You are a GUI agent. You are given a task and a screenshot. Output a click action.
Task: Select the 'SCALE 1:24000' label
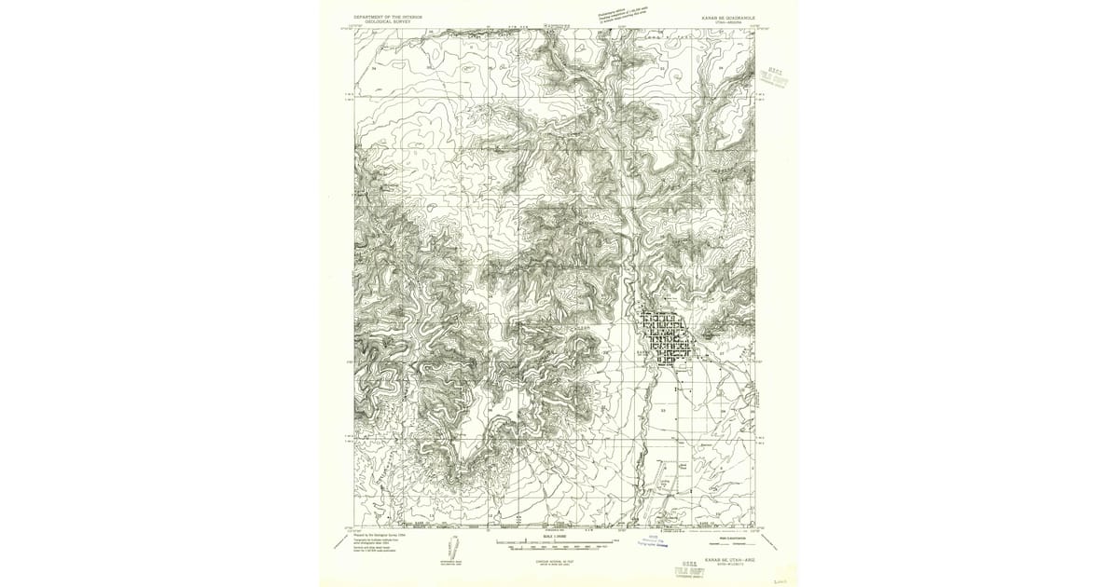[555, 536]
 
